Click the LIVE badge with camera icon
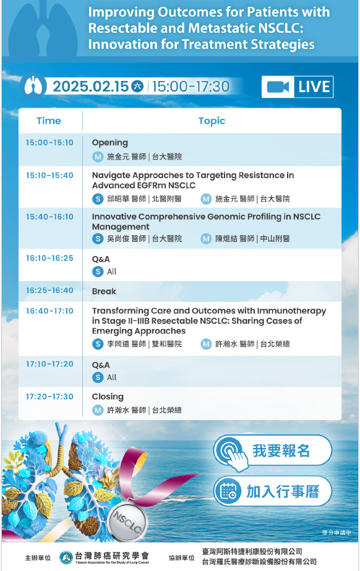pos(298,87)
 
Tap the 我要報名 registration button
pos(273,451)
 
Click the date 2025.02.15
pos(91,87)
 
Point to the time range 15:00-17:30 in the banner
pos(191,87)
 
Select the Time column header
pos(49,121)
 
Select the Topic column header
pos(212,121)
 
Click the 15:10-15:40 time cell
pos(49,175)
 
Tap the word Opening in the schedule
pos(110,143)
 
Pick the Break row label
pos(104,291)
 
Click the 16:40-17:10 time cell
pos(49,311)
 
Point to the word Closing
pos(108,397)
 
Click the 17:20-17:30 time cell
pos(49,397)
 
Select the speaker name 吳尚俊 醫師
pos(127,239)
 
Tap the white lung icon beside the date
pos(33,87)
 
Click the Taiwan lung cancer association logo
pos(66,557)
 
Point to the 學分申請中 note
pos(336,533)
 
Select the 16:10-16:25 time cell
pos(49,258)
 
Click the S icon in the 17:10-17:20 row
pos(98,377)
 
